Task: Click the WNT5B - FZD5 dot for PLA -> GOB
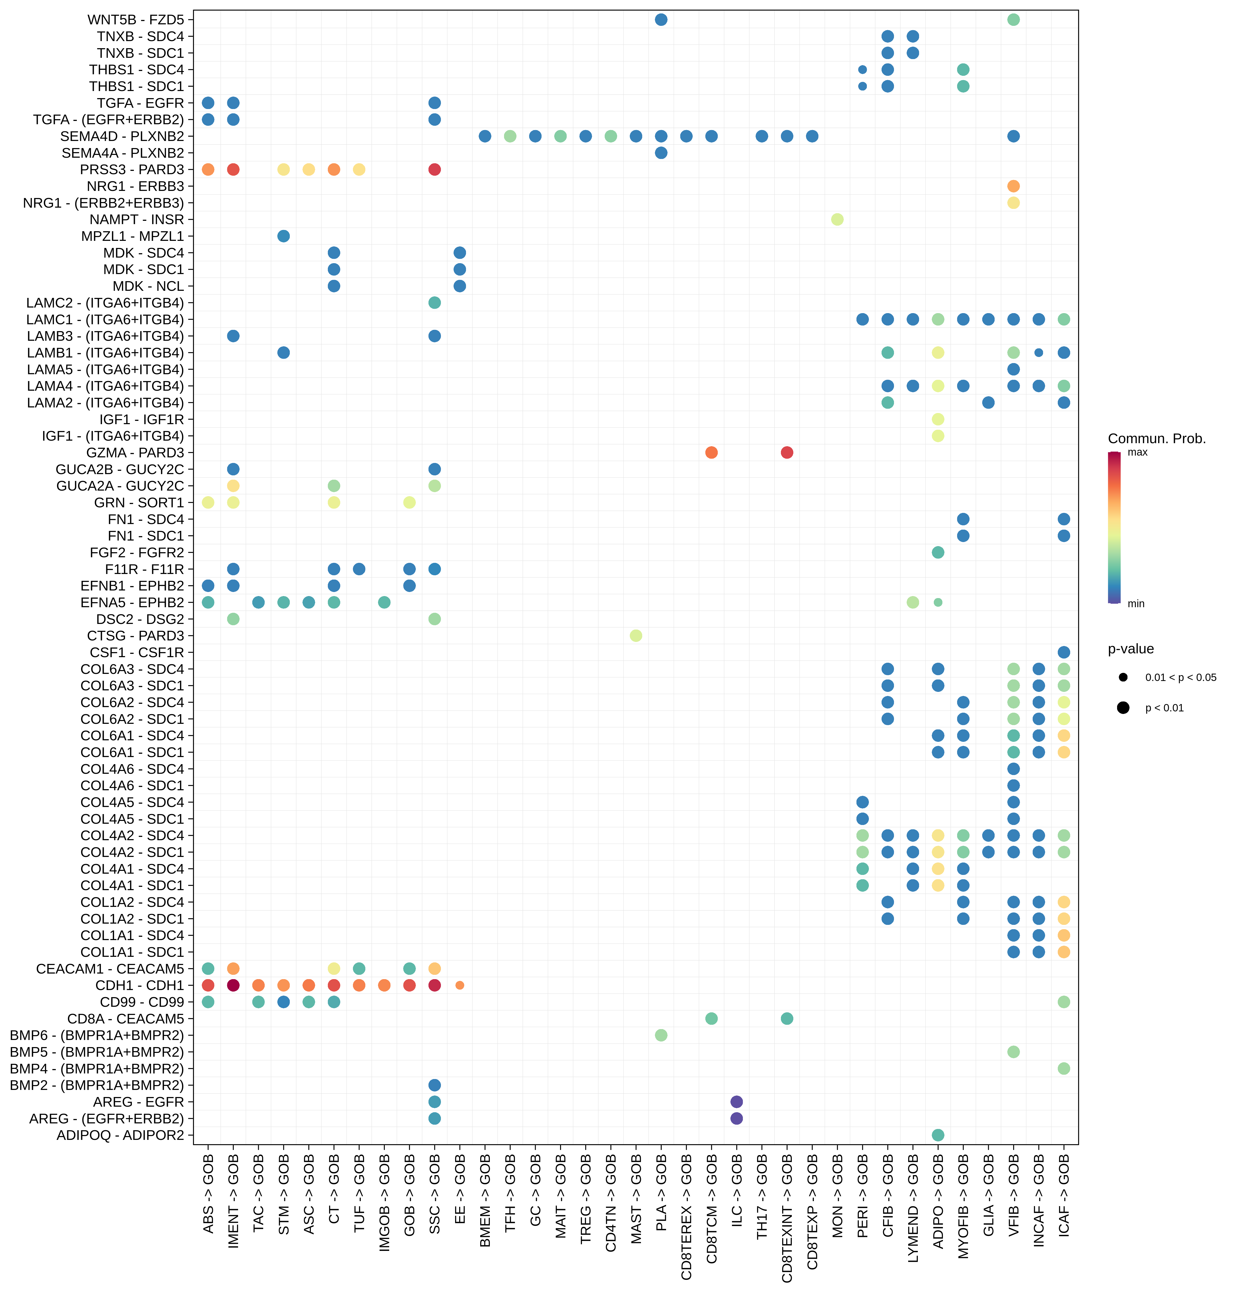pyautogui.click(x=661, y=20)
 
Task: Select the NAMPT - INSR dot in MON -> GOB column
pyautogui.click(x=837, y=219)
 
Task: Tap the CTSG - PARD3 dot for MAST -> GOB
pyautogui.click(x=636, y=636)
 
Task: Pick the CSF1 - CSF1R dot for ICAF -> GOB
pyautogui.click(x=1063, y=652)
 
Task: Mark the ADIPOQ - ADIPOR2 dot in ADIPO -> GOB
pyautogui.click(x=938, y=1135)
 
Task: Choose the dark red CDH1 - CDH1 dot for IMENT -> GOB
pyautogui.click(x=233, y=985)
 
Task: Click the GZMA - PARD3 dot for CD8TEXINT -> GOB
pyautogui.click(x=787, y=453)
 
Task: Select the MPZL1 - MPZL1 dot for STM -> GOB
pyautogui.click(x=283, y=236)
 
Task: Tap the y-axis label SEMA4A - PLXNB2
pyautogui.click(x=123, y=153)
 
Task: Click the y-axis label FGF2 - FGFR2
pyautogui.click(x=137, y=553)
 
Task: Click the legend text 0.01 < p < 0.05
pyautogui.click(x=1181, y=677)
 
